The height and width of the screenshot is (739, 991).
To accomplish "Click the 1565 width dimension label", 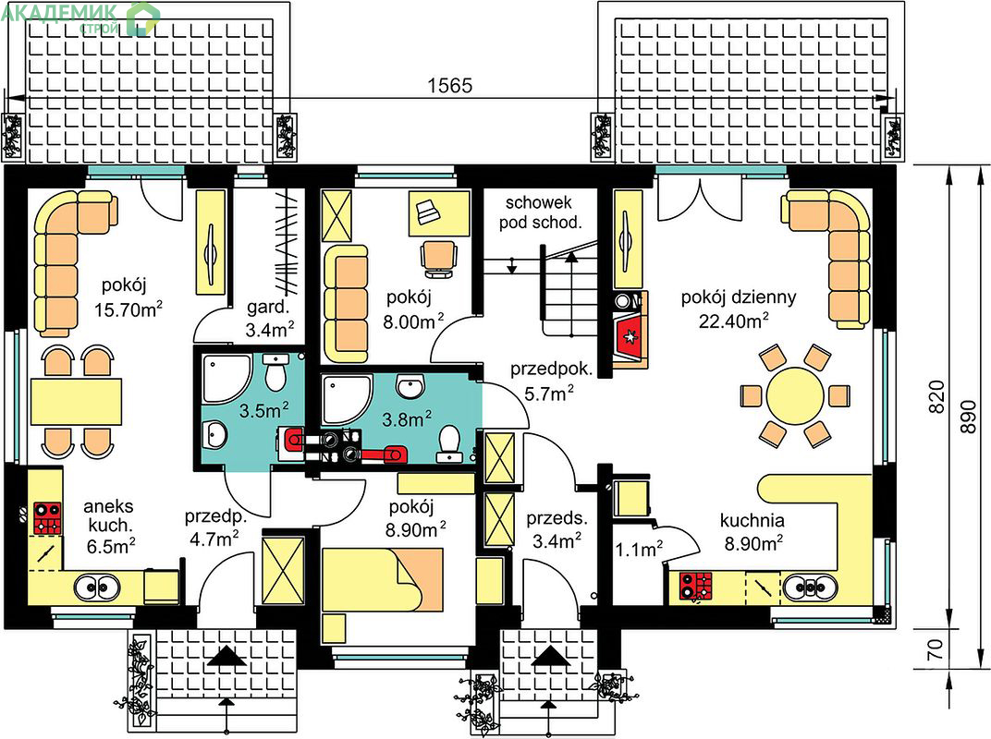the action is click(450, 85).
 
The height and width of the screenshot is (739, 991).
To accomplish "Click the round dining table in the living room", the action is click(795, 396).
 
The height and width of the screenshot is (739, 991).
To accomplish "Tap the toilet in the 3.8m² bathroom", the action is click(449, 441).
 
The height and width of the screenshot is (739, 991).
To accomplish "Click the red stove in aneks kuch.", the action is click(47, 518).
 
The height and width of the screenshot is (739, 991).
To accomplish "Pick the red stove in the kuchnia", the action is click(695, 586).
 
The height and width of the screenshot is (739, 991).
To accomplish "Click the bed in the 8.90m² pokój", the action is click(383, 579).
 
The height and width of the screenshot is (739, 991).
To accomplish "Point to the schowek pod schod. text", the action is click(540, 212).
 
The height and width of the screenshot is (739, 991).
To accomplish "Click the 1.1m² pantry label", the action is click(639, 549).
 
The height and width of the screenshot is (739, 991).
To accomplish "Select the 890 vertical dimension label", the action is click(968, 417).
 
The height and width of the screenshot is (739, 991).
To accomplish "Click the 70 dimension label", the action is click(936, 648).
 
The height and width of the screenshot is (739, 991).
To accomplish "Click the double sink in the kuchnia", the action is click(811, 588).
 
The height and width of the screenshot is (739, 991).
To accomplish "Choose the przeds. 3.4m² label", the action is click(557, 529).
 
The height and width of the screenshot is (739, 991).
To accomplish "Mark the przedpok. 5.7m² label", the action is click(551, 382).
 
